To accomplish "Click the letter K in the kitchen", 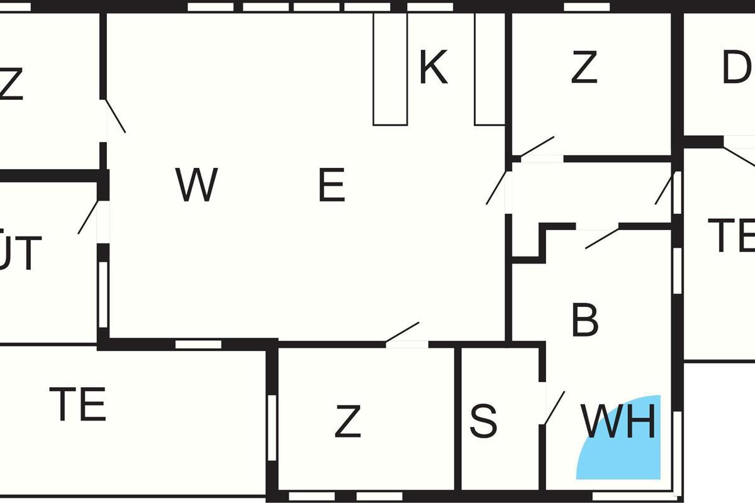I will pos(433,68).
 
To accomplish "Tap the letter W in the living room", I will pos(197,185).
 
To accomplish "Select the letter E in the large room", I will pos(332,186).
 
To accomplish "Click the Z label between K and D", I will pos(584,68).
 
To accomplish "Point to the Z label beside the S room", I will pos(348,421).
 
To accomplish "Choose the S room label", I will pos(483,421).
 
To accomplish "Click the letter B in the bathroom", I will pos(585,320).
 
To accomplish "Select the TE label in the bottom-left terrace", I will pos(77,404).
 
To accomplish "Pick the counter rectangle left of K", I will pos(390,69).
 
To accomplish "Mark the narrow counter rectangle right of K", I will pos(489,69).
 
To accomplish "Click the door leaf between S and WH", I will pos(554,407).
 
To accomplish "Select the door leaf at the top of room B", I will pos(602,238).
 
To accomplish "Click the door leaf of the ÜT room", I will pos(88,217).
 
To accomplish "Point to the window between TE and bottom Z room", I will pos(272,428).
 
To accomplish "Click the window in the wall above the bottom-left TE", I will pos(198,344).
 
